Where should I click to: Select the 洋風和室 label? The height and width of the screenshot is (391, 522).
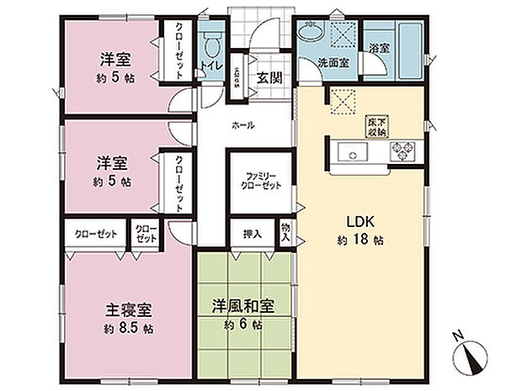[243, 305]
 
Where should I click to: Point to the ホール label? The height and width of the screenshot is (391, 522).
[243, 125]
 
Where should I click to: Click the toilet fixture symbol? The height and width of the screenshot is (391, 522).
[211, 40]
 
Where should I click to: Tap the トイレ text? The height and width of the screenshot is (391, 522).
[210, 63]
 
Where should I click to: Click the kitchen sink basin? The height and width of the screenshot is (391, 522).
[350, 152]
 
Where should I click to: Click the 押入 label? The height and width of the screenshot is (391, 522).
[251, 234]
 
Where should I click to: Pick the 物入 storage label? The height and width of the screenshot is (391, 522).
[285, 231]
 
